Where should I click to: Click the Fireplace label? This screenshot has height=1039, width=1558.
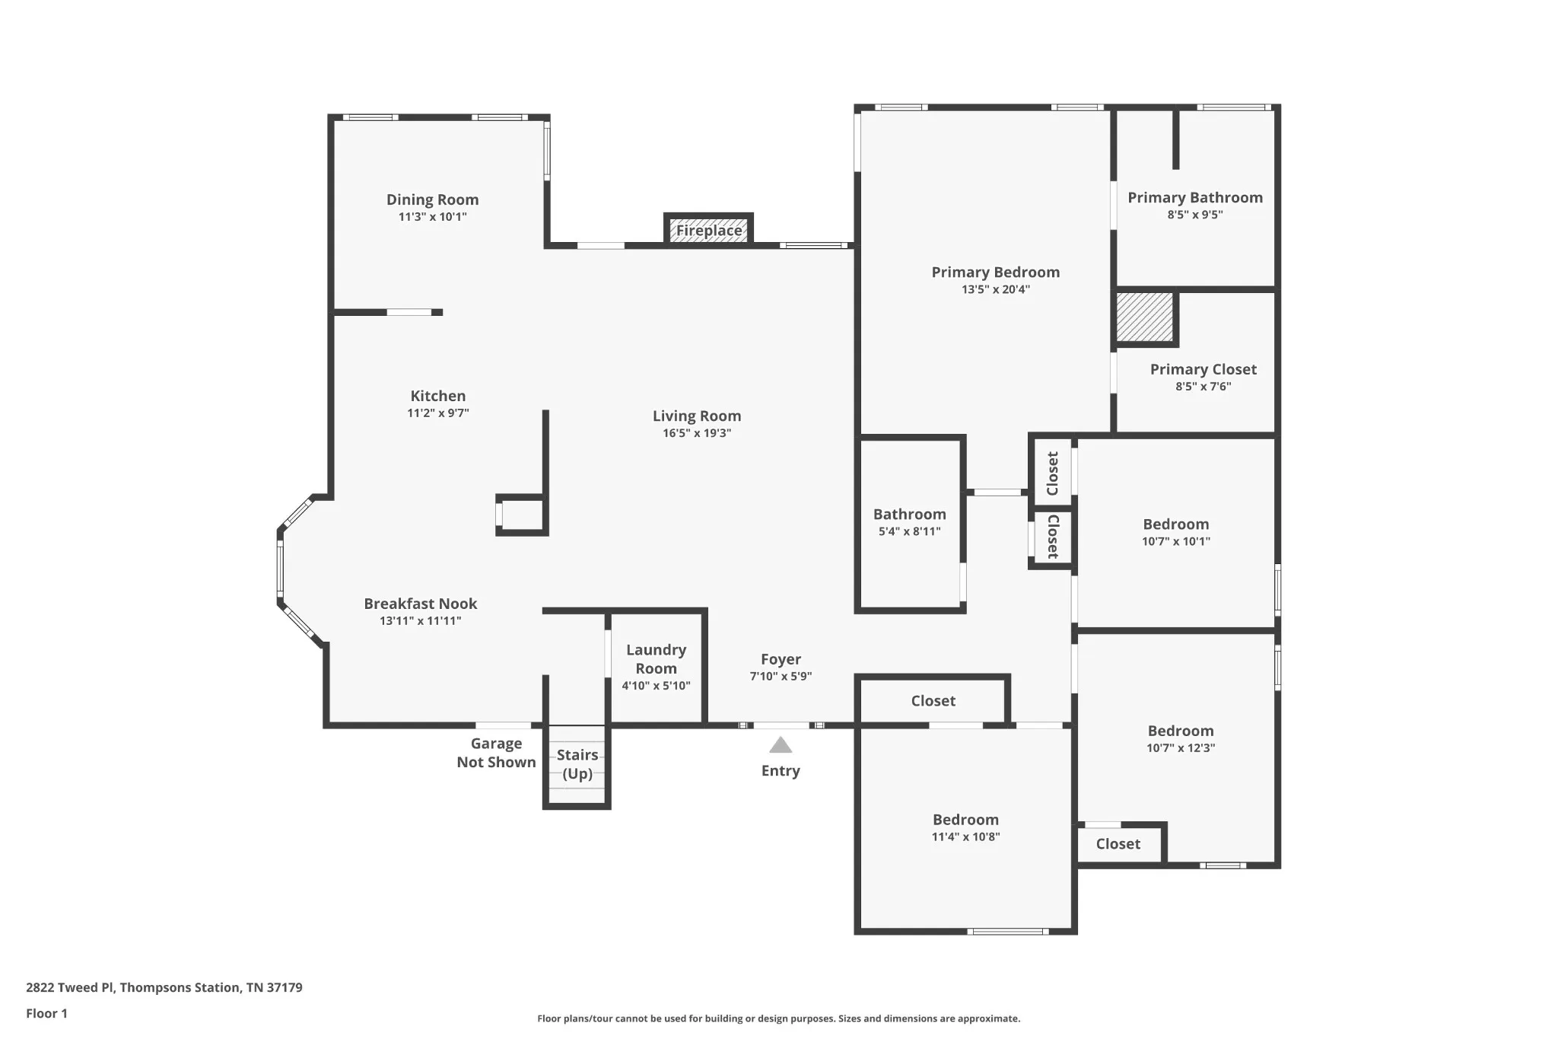coord(709,230)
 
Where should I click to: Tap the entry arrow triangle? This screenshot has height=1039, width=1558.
coord(781,744)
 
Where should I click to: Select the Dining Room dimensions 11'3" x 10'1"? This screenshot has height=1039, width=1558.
coord(432,217)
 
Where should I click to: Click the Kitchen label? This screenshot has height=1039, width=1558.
coord(438,396)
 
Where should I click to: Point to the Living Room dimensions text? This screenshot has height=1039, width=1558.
coord(697,433)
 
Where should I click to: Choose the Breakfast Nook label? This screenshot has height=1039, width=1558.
coord(421,604)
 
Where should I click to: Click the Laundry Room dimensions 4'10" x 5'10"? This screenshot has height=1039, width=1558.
coord(656,686)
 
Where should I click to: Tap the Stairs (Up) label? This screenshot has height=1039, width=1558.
coord(577,764)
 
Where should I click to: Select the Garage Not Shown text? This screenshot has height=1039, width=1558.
coord(496,753)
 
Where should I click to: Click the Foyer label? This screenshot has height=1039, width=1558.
coord(781,659)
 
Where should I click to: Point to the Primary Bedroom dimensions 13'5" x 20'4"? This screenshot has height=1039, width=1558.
coord(996,289)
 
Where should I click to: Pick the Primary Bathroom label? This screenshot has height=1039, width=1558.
coord(1195,198)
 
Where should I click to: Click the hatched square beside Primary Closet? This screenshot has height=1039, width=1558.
coord(1144,317)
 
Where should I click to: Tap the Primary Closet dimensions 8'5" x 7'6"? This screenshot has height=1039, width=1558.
coord(1203,387)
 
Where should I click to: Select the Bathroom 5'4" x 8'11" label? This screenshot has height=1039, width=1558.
coord(910,522)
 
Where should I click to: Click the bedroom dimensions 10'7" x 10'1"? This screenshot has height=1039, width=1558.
coord(1176,542)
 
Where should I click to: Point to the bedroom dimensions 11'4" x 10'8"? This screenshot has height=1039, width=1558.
coord(966,837)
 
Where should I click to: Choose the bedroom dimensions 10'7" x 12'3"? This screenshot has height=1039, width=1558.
coord(1181,748)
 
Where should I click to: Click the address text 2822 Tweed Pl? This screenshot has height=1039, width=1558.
coord(70,987)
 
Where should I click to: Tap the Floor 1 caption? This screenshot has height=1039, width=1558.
coord(46,1013)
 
